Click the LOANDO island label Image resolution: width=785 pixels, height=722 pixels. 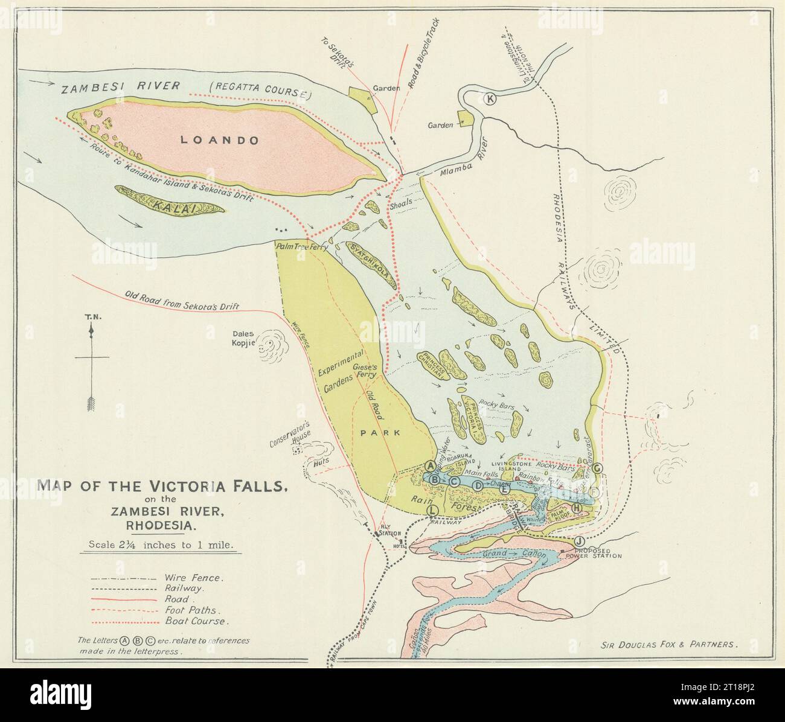[x=220, y=140]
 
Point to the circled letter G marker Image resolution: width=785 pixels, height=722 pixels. [x=597, y=468]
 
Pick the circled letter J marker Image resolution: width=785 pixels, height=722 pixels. [x=580, y=540]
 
